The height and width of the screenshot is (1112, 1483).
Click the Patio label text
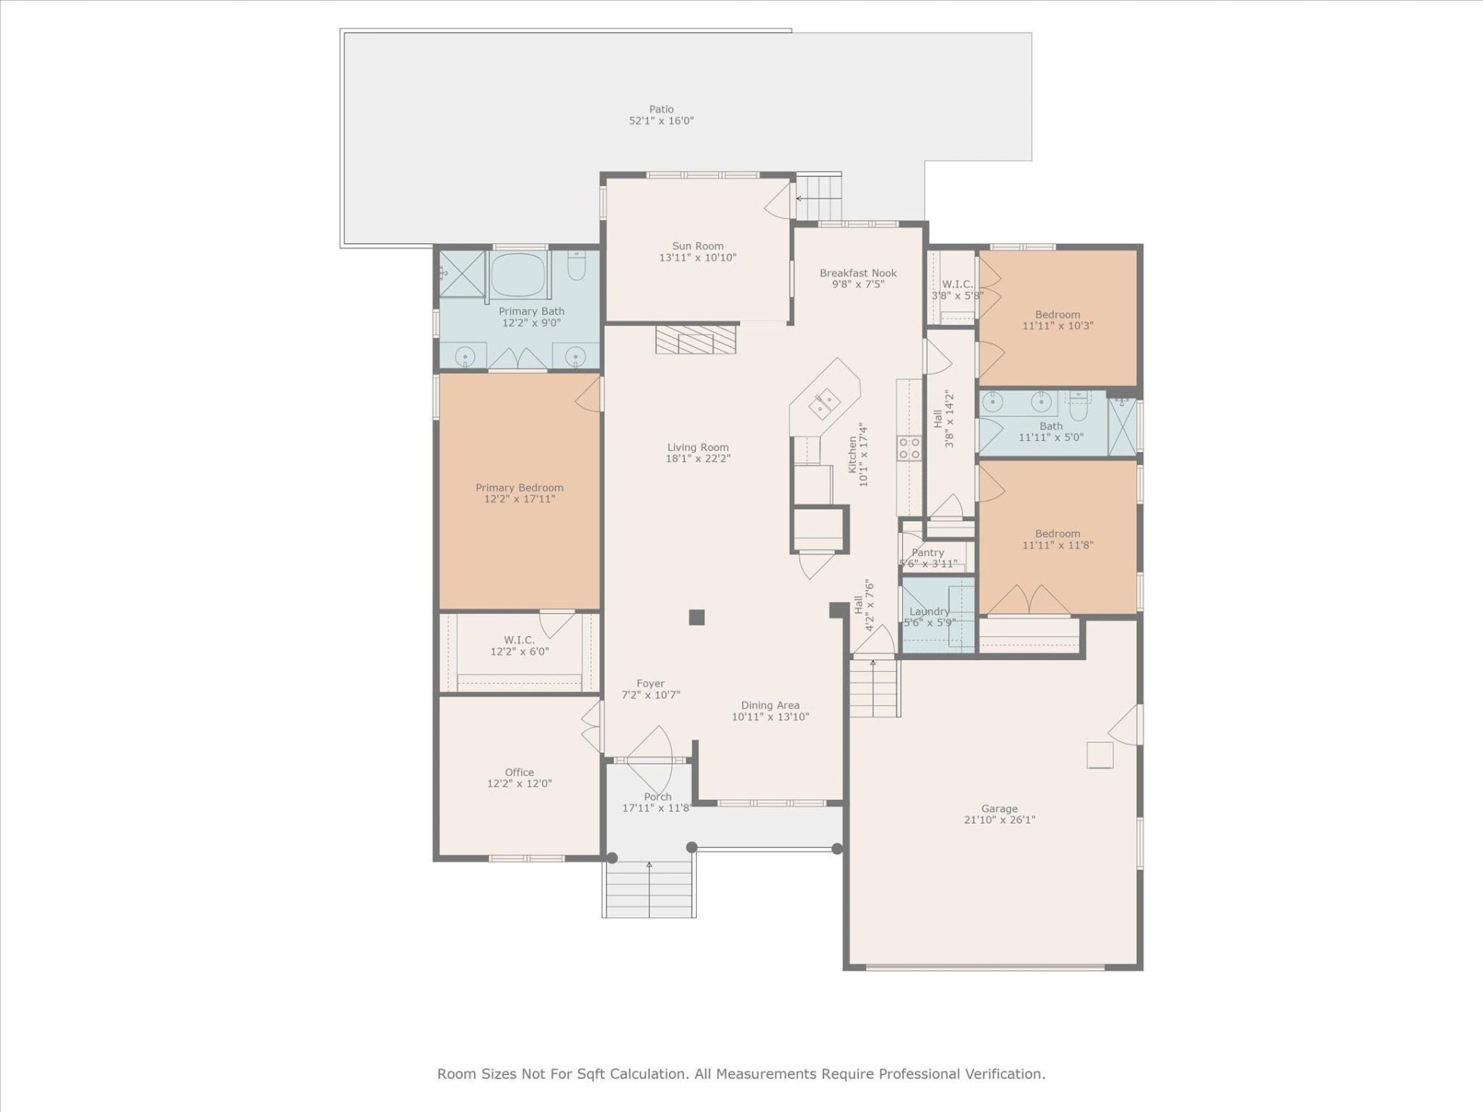pos(661,110)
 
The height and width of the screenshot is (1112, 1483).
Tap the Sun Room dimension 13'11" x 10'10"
pos(697,258)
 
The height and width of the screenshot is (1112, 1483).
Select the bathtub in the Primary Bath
pos(518,274)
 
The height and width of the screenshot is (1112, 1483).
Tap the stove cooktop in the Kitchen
pos(909,448)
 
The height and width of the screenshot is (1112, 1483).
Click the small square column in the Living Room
pos(697,617)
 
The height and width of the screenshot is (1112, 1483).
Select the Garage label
pos(999,809)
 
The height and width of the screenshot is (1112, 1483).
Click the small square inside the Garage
pos(1100,754)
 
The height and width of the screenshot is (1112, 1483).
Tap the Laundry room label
pos(929,612)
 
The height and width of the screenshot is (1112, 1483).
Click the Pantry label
pos(928,552)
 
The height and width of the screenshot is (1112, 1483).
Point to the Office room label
pos(519,772)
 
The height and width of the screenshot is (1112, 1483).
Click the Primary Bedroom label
pos(519,487)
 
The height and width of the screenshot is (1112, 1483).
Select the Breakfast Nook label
pos(858,273)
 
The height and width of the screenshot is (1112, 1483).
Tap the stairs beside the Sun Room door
pos(819,197)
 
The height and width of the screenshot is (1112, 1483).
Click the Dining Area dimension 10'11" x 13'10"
pos(770,717)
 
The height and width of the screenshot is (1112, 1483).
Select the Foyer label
pos(650,683)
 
